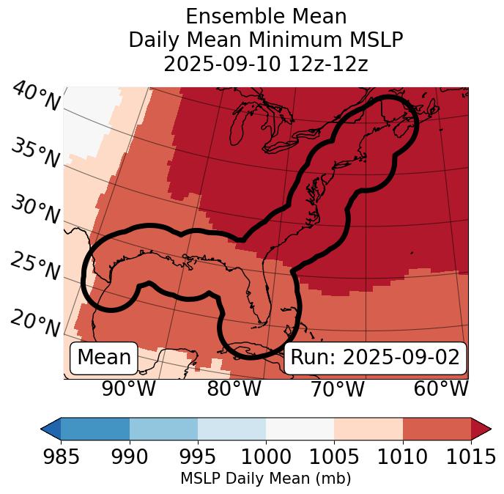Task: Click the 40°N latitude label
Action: pyautogui.click(x=36, y=97)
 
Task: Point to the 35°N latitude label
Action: pyautogui.click(x=36, y=153)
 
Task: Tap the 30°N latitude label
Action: pyautogui.click(x=36, y=210)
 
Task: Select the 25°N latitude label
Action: pyautogui.click(x=36, y=267)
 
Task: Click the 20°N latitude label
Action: pyautogui.click(x=36, y=323)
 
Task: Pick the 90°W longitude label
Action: pyautogui.click(x=128, y=388)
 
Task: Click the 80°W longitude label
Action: pyautogui.click(x=234, y=388)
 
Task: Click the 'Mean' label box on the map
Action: pyautogui.click(x=104, y=358)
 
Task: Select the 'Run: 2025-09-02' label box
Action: pyautogui.click(x=375, y=358)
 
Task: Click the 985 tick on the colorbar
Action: pyautogui.click(x=61, y=457)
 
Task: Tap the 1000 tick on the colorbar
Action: pyautogui.click(x=266, y=457)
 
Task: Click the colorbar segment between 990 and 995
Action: pyautogui.click(x=163, y=429)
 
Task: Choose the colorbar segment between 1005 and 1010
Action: pyautogui.click(x=368, y=429)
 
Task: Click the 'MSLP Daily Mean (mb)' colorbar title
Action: pyautogui.click(x=265, y=479)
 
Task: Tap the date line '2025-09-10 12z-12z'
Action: pyautogui.click(x=265, y=64)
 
